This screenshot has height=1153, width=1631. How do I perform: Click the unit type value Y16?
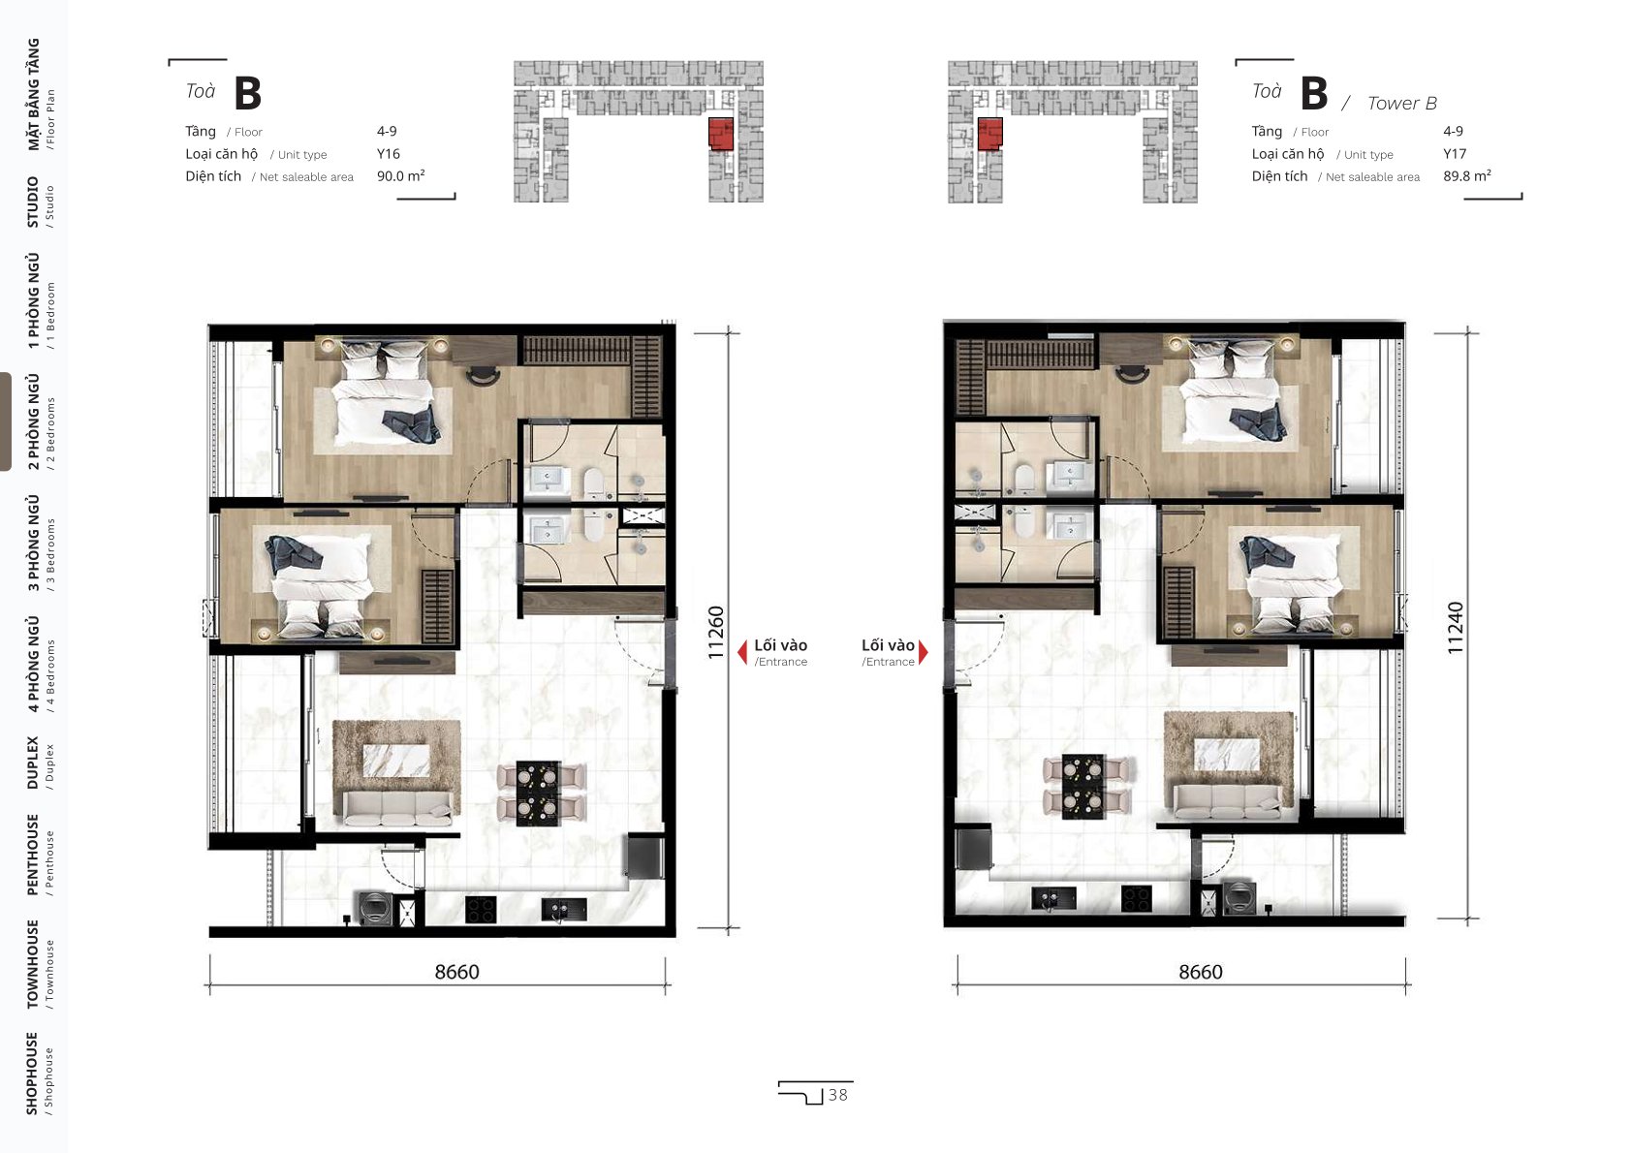[x=388, y=154]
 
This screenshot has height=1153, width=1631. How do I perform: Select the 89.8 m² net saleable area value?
[x=1466, y=175]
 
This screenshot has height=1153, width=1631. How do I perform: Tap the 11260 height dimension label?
[x=716, y=632]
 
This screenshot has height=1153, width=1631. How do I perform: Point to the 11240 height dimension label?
[x=1455, y=628]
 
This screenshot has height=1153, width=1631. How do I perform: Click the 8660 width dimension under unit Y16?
[x=457, y=972]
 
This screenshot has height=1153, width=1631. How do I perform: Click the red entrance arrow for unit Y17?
[x=924, y=651]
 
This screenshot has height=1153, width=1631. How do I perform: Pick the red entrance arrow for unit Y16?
[x=742, y=651]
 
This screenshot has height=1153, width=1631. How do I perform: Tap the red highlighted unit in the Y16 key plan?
[x=720, y=134]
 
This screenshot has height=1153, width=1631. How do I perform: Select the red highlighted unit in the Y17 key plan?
[x=989, y=133]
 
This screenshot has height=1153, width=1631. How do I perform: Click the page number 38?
[x=838, y=1095]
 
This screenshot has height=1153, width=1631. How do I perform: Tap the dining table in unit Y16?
[x=538, y=794]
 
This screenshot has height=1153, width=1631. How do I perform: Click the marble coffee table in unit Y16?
[x=395, y=760]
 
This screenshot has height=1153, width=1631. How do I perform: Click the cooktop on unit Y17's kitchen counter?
[x=1136, y=897]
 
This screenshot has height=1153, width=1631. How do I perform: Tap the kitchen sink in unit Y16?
[x=564, y=909]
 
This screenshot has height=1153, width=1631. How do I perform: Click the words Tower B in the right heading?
[x=1401, y=104]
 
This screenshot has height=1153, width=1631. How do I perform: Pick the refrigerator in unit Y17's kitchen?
[x=974, y=847]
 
